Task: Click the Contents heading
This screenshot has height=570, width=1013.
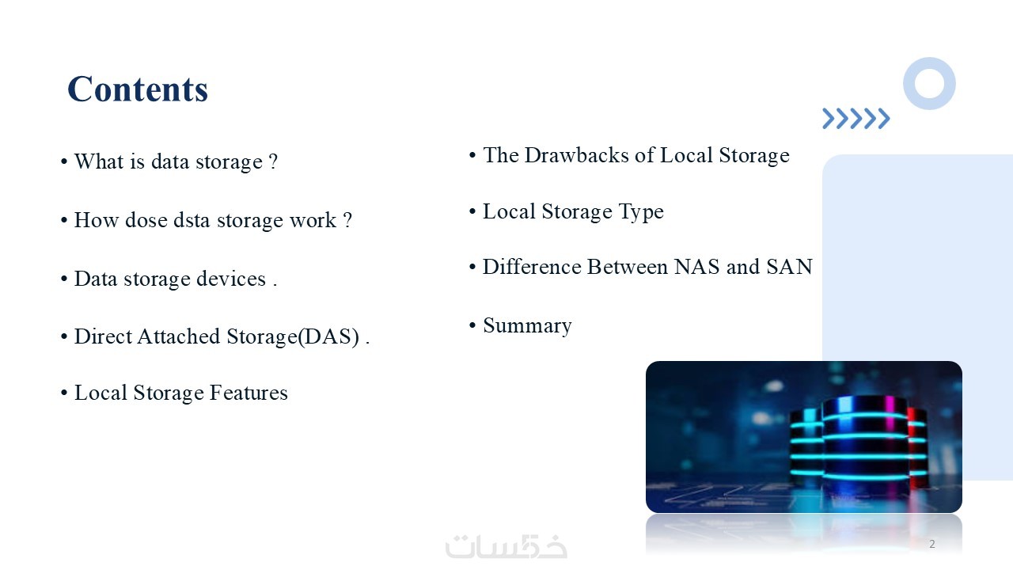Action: [x=138, y=89]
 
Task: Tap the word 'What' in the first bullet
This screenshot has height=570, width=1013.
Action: [x=99, y=161]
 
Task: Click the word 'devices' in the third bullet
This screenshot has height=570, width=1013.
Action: [x=231, y=278]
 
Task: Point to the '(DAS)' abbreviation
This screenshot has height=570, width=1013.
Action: [x=328, y=337]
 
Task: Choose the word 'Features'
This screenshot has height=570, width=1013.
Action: [x=249, y=392]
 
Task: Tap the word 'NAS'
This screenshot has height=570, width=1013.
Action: [x=697, y=267]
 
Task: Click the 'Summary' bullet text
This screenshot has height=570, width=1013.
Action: [x=527, y=326]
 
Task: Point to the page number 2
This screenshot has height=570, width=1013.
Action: [x=932, y=544]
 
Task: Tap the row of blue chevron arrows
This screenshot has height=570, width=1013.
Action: [x=856, y=119]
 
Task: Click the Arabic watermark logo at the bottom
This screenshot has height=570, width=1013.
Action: [x=506, y=546]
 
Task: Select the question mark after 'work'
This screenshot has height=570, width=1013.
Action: [x=347, y=220]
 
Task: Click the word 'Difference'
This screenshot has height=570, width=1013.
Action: [x=532, y=267]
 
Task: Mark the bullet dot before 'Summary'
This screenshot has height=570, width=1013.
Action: [x=472, y=325]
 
